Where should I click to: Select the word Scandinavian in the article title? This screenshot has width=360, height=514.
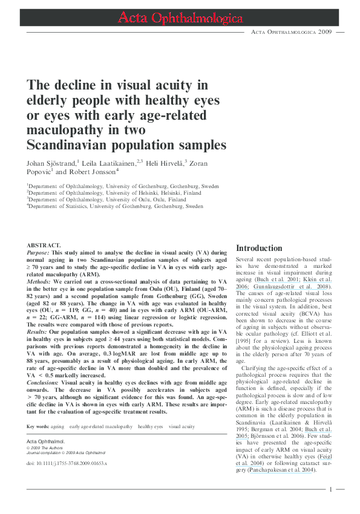point(73,145)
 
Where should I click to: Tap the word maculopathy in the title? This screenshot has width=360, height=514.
point(67,130)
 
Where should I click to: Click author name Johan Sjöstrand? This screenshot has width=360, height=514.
point(51,163)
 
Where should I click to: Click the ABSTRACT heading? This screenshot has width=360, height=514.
point(44,245)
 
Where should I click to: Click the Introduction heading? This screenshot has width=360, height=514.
point(259,248)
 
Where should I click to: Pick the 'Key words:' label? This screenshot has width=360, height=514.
point(38,427)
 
